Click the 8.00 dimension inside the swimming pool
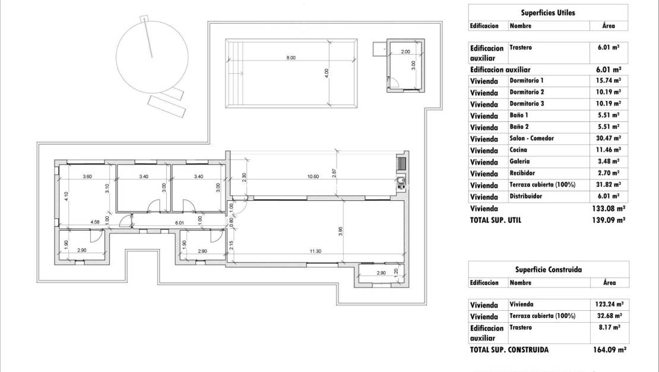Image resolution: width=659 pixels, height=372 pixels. click(290, 58)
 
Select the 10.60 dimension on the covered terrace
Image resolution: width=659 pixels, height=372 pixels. click(313, 176)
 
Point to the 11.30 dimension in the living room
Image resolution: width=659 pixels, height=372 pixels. click(315, 251)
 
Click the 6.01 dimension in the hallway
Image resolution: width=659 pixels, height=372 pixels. click(180, 222)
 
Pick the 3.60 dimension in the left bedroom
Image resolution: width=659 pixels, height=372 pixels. click(87, 176)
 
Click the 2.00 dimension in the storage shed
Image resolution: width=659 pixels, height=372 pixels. click(405, 52)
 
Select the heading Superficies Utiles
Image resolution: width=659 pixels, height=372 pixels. click(547, 12)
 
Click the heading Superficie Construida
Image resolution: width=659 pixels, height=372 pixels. click(547, 269)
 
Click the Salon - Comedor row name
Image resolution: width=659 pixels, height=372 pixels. click(531, 138)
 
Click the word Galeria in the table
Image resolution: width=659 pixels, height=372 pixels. click(519, 162)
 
